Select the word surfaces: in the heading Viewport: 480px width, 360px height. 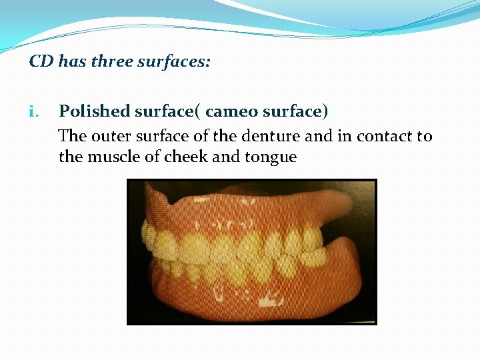[x=175, y=62]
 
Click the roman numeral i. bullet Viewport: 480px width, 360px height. [x=35, y=112]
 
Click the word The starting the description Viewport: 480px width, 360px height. [x=72, y=137]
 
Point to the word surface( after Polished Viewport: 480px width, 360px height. [x=165, y=112]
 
